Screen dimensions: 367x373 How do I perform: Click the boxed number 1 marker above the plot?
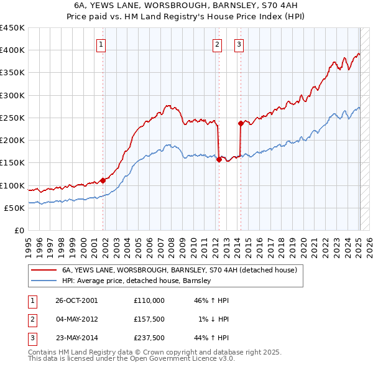tap(101, 44)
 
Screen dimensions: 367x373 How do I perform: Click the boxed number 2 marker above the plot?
tap(217, 44)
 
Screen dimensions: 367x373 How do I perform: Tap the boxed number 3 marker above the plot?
tap(239, 44)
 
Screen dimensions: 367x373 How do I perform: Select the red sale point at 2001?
tap(103, 180)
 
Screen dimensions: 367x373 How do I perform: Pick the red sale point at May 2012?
tap(219, 159)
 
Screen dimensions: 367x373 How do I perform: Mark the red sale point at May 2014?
tap(241, 123)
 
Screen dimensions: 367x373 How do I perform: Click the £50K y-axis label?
tap(14, 208)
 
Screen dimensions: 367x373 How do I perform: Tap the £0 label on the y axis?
tap(19, 231)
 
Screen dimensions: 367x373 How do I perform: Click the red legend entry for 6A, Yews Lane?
tap(180, 270)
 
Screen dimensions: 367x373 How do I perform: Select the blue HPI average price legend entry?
tap(136, 281)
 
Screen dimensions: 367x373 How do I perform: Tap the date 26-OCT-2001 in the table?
tap(76, 300)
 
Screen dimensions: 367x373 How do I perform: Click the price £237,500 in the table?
tap(149, 339)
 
